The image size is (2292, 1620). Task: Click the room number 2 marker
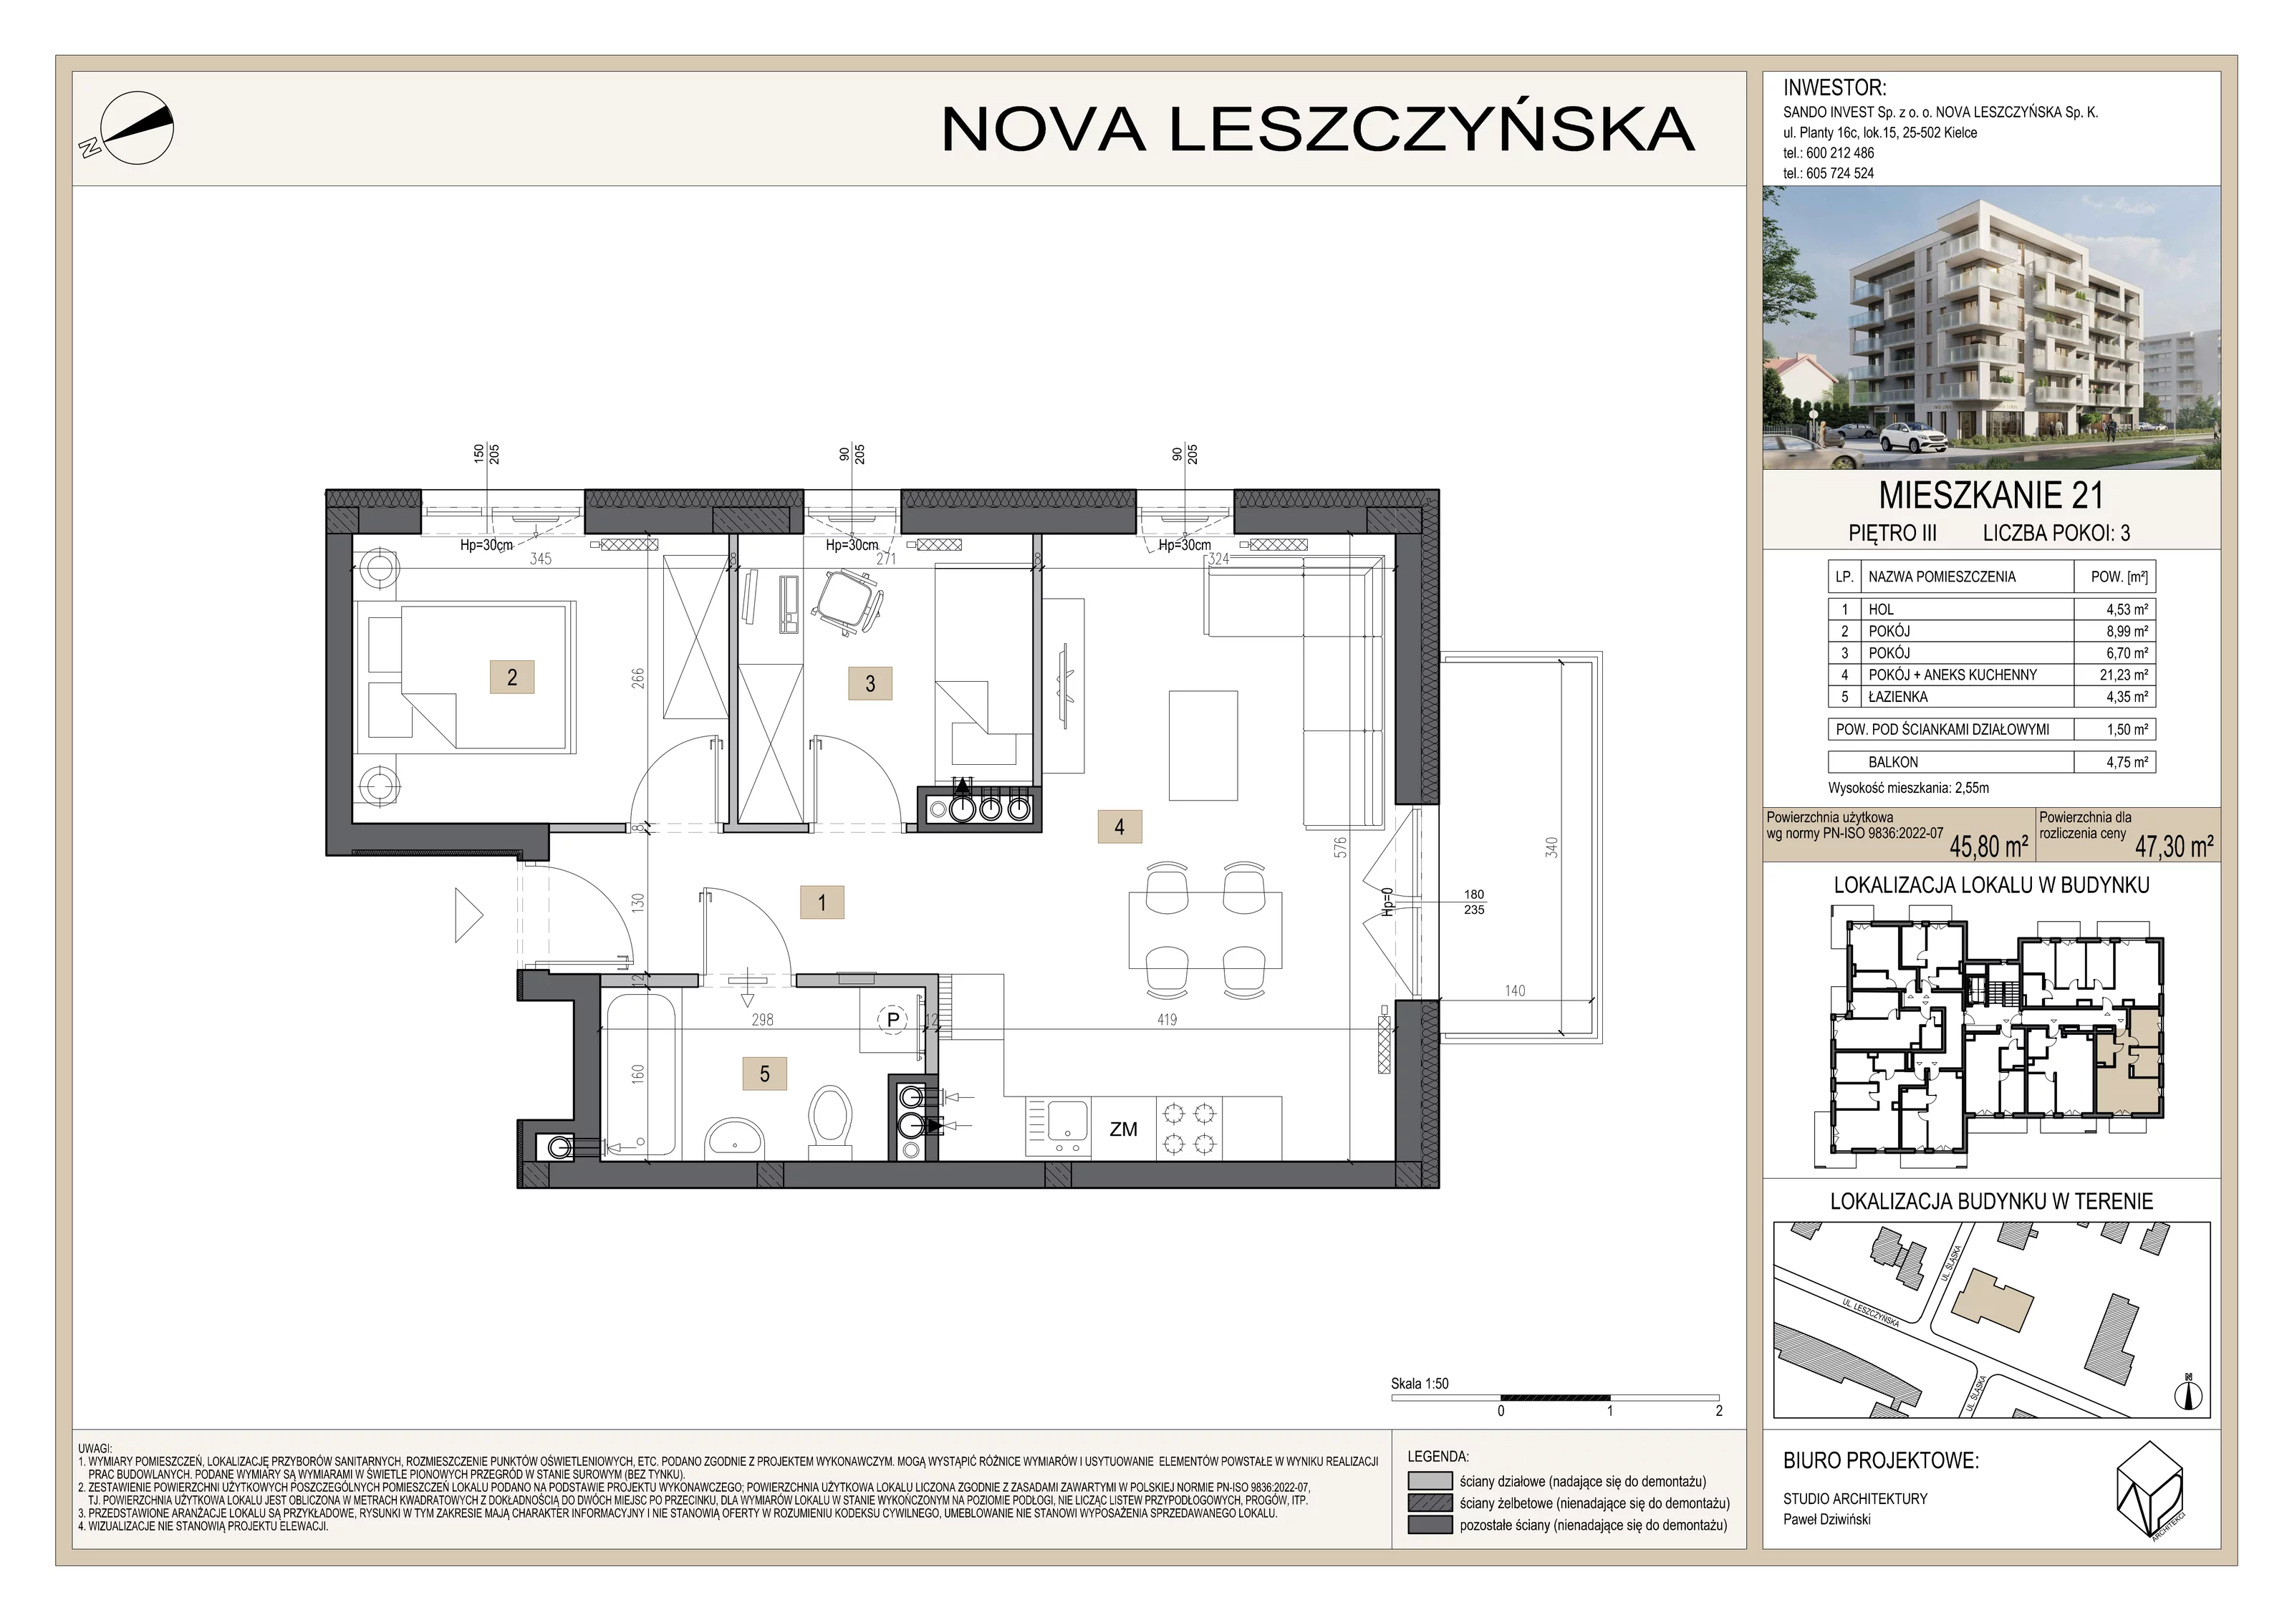[512, 677]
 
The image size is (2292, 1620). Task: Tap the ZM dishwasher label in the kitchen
[1123, 1129]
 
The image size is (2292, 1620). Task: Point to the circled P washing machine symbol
[893, 1020]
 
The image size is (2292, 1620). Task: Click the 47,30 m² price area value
[2175, 847]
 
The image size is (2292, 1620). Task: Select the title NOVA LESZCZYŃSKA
[1318, 130]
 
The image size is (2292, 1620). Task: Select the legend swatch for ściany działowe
[1430, 1481]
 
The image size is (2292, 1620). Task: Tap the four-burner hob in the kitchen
[1189, 1128]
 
